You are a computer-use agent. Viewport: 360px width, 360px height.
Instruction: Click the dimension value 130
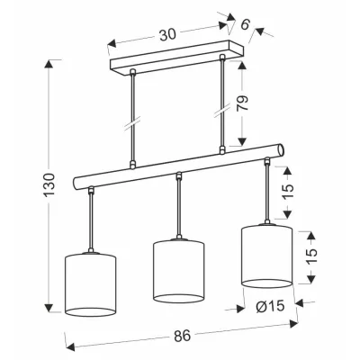[x=49, y=184]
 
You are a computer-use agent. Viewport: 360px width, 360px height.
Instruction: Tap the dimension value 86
[x=182, y=335]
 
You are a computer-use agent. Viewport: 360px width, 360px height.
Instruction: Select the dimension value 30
[x=167, y=35]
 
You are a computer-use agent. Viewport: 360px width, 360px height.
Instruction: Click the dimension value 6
[x=245, y=24]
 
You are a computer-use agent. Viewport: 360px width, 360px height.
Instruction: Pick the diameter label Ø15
[x=270, y=306]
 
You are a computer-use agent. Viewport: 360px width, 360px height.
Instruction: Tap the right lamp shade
[x=266, y=256]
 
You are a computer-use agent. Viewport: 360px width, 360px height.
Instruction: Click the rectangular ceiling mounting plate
[x=177, y=58]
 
